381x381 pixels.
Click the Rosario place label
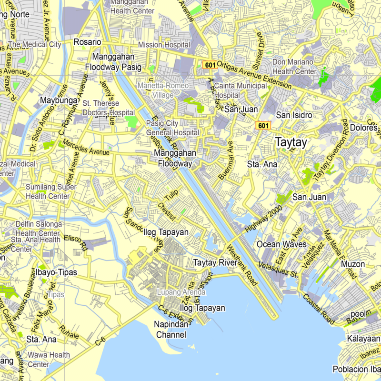pyautogui.click(x=87, y=42)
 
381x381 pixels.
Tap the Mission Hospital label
pyautogui.click(x=163, y=45)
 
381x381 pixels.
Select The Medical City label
pyautogui.click(x=35, y=44)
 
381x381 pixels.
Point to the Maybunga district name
pyautogui.click(x=59, y=101)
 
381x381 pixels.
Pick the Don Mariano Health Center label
pyautogui.click(x=294, y=67)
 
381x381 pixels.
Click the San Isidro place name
pyautogui.click(x=294, y=115)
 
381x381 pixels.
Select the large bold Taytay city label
pyautogui.click(x=291, y=142)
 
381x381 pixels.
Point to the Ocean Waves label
pyautogui.click(x=281, y=244)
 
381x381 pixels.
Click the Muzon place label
pyautogui.click(x=353, y=264)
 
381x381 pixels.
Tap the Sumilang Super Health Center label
pyautogui.click(x=45, y=191)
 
